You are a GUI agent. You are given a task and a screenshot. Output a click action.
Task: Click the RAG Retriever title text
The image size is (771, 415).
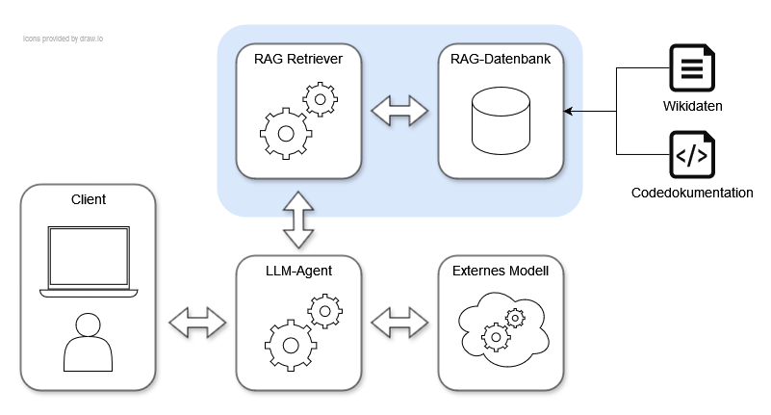[299, 59]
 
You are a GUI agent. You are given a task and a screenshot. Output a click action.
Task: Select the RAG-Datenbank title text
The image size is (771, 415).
[501, 59]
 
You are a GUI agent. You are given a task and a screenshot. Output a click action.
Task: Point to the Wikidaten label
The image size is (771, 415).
[692, 105]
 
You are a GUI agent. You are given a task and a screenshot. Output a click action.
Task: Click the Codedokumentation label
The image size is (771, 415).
[692, 193]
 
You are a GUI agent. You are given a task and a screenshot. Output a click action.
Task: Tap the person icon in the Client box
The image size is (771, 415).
[88, 341]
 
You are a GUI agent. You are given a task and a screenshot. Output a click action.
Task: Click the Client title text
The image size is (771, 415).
[89, 199]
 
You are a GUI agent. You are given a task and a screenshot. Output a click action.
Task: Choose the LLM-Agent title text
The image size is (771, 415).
[299, 271]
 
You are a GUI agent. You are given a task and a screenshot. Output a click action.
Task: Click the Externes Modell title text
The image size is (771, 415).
[501, 271]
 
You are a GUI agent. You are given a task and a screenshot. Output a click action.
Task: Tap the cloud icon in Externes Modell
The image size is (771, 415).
[501, 327]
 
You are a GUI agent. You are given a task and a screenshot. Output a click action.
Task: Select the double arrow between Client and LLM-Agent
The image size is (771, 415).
[195, 322]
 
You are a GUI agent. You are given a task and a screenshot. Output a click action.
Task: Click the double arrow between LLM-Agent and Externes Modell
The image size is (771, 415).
[399, 322]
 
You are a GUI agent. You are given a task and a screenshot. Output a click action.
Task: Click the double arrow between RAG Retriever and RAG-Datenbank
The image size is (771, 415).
[399, 111]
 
